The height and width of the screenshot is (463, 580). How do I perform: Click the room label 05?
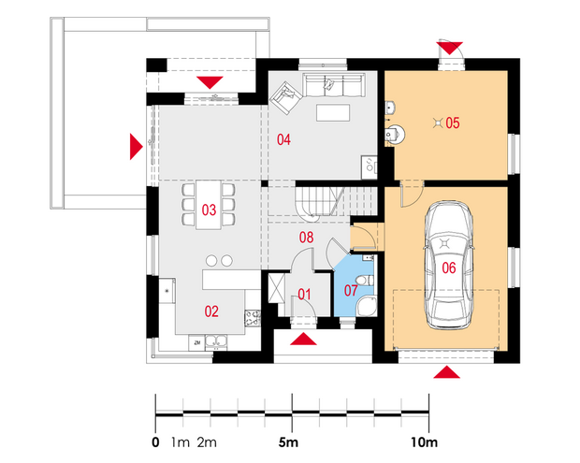coord(453,123)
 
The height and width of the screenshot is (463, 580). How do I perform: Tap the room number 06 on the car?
coord(449,268)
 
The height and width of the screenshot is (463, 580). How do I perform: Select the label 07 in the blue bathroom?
coord(351,290)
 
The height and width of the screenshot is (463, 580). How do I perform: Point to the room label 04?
coord(283,139)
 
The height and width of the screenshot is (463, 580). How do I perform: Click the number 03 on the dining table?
coord(209,210)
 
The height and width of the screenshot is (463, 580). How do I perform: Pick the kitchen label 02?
coord(211,311)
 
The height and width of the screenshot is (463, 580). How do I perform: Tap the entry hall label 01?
coord(304,295)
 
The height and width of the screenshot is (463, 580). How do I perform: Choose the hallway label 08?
coord(306,238)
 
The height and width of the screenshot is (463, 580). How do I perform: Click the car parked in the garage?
coord(449,265)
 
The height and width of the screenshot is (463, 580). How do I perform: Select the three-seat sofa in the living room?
coord(334,85)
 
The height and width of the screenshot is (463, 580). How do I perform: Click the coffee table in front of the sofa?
coord(333,113)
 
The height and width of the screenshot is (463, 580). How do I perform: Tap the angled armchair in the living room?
coord(286,97)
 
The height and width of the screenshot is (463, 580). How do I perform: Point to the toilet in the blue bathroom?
coord(365,281)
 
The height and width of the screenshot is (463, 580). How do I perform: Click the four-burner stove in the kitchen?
coord(253,318)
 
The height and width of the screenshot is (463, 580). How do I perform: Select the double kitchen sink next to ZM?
coord(216,343)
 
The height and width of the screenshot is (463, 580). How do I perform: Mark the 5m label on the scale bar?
coord(288,442)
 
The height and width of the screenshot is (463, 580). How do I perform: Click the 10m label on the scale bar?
coord(425,442)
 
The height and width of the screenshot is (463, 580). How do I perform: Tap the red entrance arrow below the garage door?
coord(447,372)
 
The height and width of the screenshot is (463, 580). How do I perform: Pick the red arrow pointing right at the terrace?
coord(136,147)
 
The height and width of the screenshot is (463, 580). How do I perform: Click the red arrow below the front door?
coord(303,340)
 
